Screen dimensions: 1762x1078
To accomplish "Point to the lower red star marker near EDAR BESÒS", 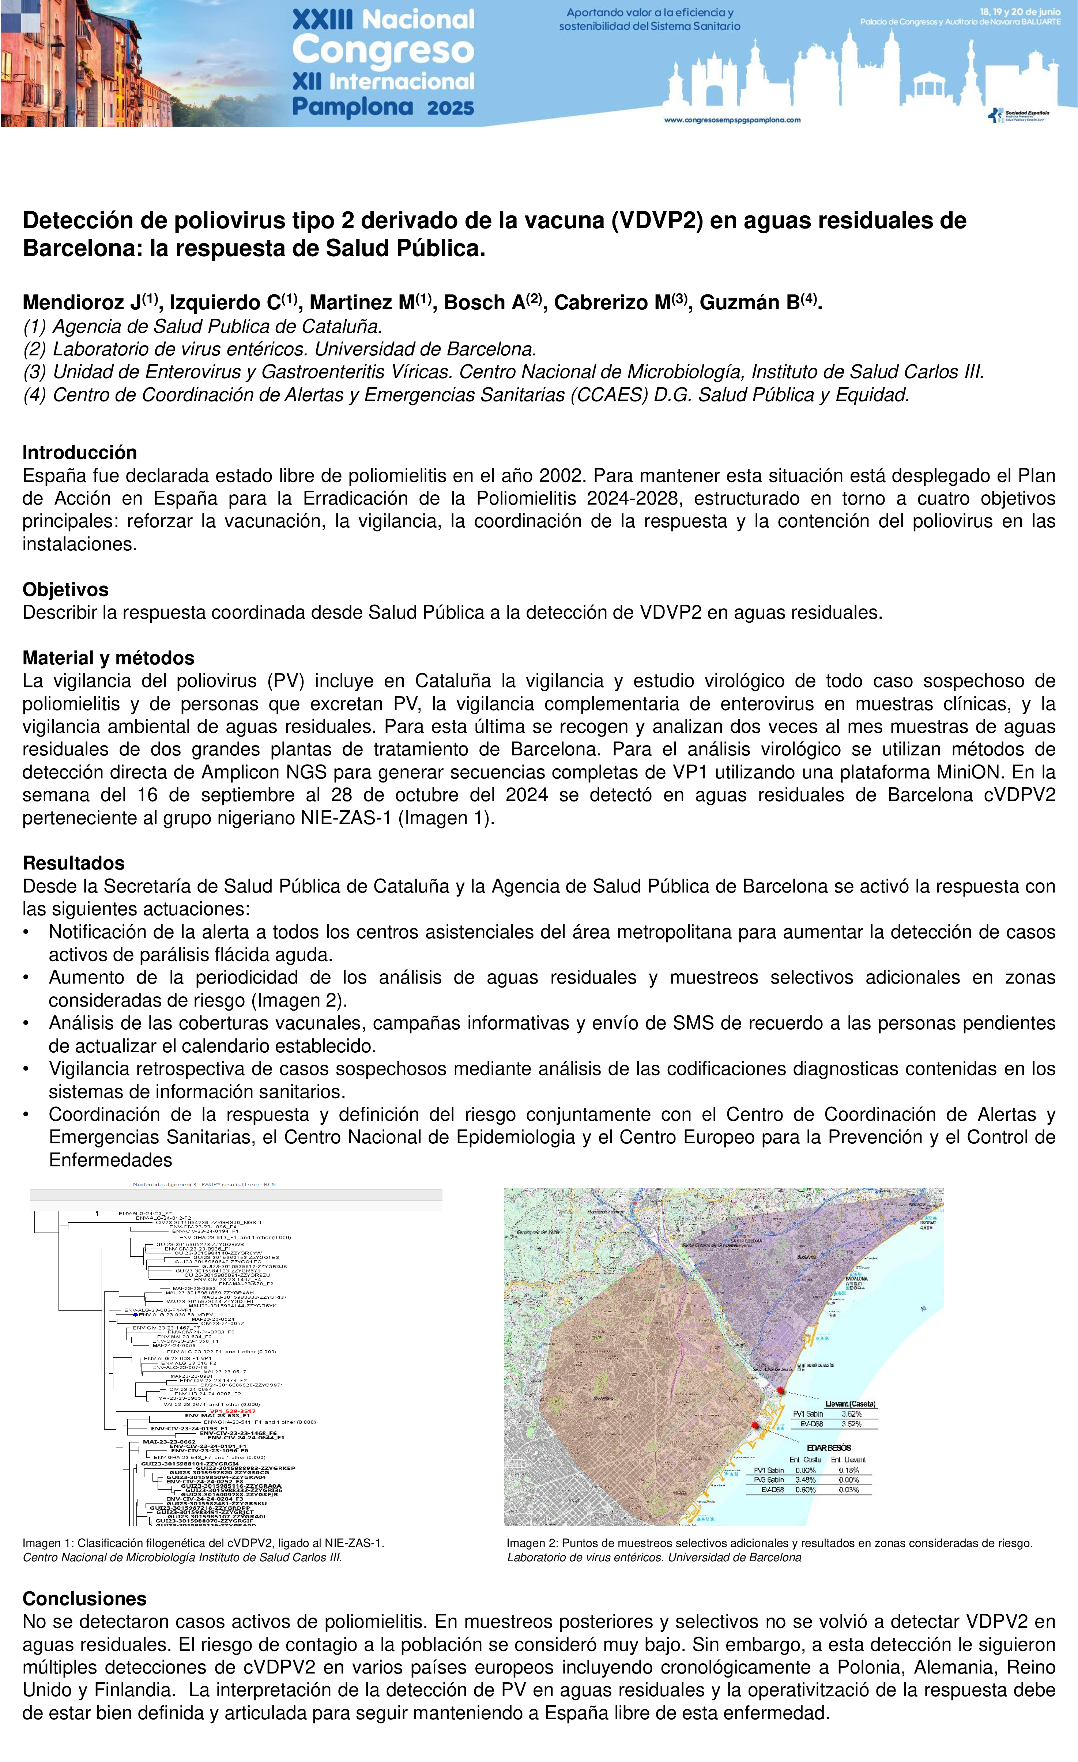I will click(755, 1425).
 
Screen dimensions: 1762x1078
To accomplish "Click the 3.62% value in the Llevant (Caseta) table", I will click(851, 1414).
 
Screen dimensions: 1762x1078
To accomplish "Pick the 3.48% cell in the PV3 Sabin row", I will click(806, 1479).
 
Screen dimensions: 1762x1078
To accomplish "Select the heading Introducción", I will click(79, 453).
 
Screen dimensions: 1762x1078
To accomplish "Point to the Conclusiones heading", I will click(84, 1599).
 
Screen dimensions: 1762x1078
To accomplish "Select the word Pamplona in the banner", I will click(353, 107).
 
